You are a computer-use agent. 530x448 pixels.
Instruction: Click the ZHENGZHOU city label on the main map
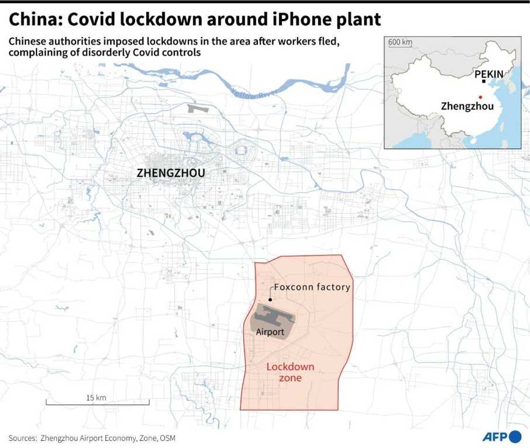point(171,173)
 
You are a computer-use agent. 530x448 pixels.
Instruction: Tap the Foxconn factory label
point(312,287)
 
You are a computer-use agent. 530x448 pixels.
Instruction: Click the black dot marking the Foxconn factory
point(270,299)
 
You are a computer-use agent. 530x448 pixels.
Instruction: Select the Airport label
point(270,332)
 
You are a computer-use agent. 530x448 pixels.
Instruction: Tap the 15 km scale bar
point(97,402)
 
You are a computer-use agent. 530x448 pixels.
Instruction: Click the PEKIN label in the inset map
point(489,74)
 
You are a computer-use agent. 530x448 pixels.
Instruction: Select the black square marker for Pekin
point(483,82)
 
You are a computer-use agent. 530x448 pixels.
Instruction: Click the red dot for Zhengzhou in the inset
point(480,97)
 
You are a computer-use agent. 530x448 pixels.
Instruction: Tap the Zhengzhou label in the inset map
point(467,106)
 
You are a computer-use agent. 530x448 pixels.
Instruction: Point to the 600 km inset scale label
point(400,42)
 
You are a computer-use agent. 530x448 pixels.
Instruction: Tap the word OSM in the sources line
point(168,438)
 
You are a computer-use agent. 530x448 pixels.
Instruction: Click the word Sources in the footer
point(22,438)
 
